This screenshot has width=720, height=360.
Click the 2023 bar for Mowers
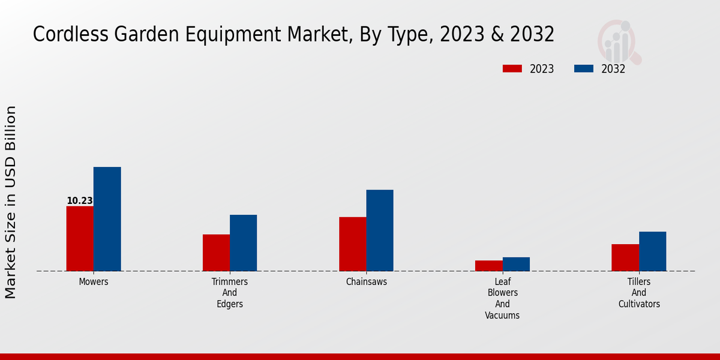tap(80, 238)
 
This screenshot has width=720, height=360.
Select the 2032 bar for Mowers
tap(107, 219)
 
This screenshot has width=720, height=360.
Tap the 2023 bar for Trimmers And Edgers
tap(216, 253)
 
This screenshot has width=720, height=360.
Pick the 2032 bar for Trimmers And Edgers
tap(243, 242)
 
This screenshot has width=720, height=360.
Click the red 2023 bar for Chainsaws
tap(352, 244)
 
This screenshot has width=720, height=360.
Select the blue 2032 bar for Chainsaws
tap(380, 230)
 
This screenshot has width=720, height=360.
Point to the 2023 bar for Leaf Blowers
tap(488, 265)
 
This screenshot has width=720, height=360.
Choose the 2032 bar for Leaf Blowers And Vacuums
tap(516, 264)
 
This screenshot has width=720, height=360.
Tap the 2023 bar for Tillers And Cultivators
tap(625, 257)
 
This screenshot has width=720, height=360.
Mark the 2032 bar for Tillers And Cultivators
tap(652, 251)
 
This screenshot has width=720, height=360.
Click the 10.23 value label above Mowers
tap(80, 201)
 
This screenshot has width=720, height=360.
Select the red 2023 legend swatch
tap(512, 69)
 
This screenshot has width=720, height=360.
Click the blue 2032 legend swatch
tap(584, 69)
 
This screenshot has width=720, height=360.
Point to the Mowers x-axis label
tap(94, 281)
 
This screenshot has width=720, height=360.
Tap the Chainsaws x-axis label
tap(367, 281)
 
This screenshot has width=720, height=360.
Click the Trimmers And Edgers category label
tap(230, 293)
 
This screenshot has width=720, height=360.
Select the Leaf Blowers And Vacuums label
tap(502, 298)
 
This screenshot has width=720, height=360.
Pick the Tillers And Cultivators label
tap(639, 293)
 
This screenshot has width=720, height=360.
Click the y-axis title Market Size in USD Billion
tap(11, 202)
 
